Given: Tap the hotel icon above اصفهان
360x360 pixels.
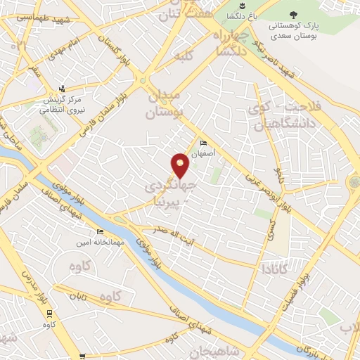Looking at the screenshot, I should click(x=204, y=141).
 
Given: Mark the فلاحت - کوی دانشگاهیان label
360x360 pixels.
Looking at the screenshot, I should click(x=274, y=115).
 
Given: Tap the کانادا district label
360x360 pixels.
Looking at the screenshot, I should click(x=274, y=268).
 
